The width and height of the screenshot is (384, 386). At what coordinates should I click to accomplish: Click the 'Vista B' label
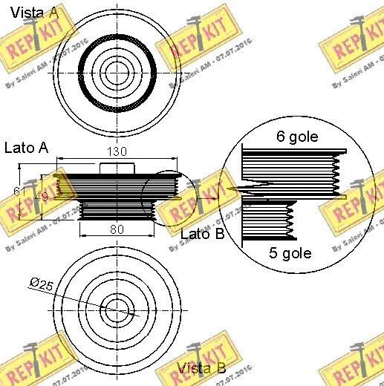(201, 367)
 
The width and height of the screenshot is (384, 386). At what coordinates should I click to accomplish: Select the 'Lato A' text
(26, 148)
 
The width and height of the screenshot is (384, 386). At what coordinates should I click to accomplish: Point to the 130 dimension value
(117, 151)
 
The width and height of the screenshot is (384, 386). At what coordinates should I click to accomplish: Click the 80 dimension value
(116, 229)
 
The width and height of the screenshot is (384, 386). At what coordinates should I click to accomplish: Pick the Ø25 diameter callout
(40, 283)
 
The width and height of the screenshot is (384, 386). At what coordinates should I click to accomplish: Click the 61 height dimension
(19, 192)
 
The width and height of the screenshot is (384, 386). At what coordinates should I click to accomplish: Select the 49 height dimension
(44, 196)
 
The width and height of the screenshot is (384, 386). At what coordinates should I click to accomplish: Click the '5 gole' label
(289, 253)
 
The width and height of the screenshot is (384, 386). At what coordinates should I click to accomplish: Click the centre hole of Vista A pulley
(115, 72)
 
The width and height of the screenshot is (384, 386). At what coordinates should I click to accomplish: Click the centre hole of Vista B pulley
(115, 308)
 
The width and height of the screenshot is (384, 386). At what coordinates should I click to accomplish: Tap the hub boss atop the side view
(117, 168)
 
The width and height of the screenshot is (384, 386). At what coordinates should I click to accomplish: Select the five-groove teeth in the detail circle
(288, 220)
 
